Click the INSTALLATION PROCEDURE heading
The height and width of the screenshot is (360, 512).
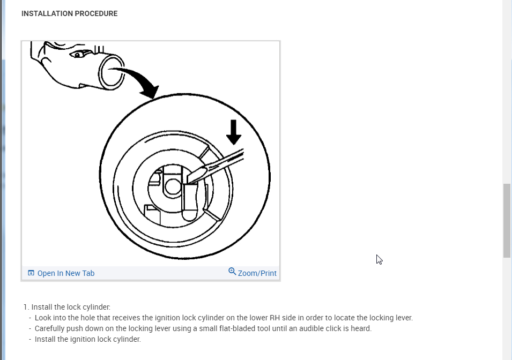pyautogui.click(x=69, y=13)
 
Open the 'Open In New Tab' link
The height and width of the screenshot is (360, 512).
pyautogui.click(x=65, y=273)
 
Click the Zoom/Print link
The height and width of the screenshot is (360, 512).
pyautogui.click(x=257, y=273)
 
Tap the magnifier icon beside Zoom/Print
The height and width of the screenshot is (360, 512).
pyautogui.click(x=232, y=272)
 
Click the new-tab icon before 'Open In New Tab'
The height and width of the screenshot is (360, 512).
pyautogui.click(x=31, y=273)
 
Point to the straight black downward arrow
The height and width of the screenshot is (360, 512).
pyautogui.click(x=234, y=132)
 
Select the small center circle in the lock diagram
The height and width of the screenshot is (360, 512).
pyautogui.click(x=172, y=186)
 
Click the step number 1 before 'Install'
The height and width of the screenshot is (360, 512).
pyautogui.click(x=25, y=307)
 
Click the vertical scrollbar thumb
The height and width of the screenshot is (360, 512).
pyautogui.click(x=507, y=221)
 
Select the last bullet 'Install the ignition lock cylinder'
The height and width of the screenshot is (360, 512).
pyautogui.click(x=87, y=339)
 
